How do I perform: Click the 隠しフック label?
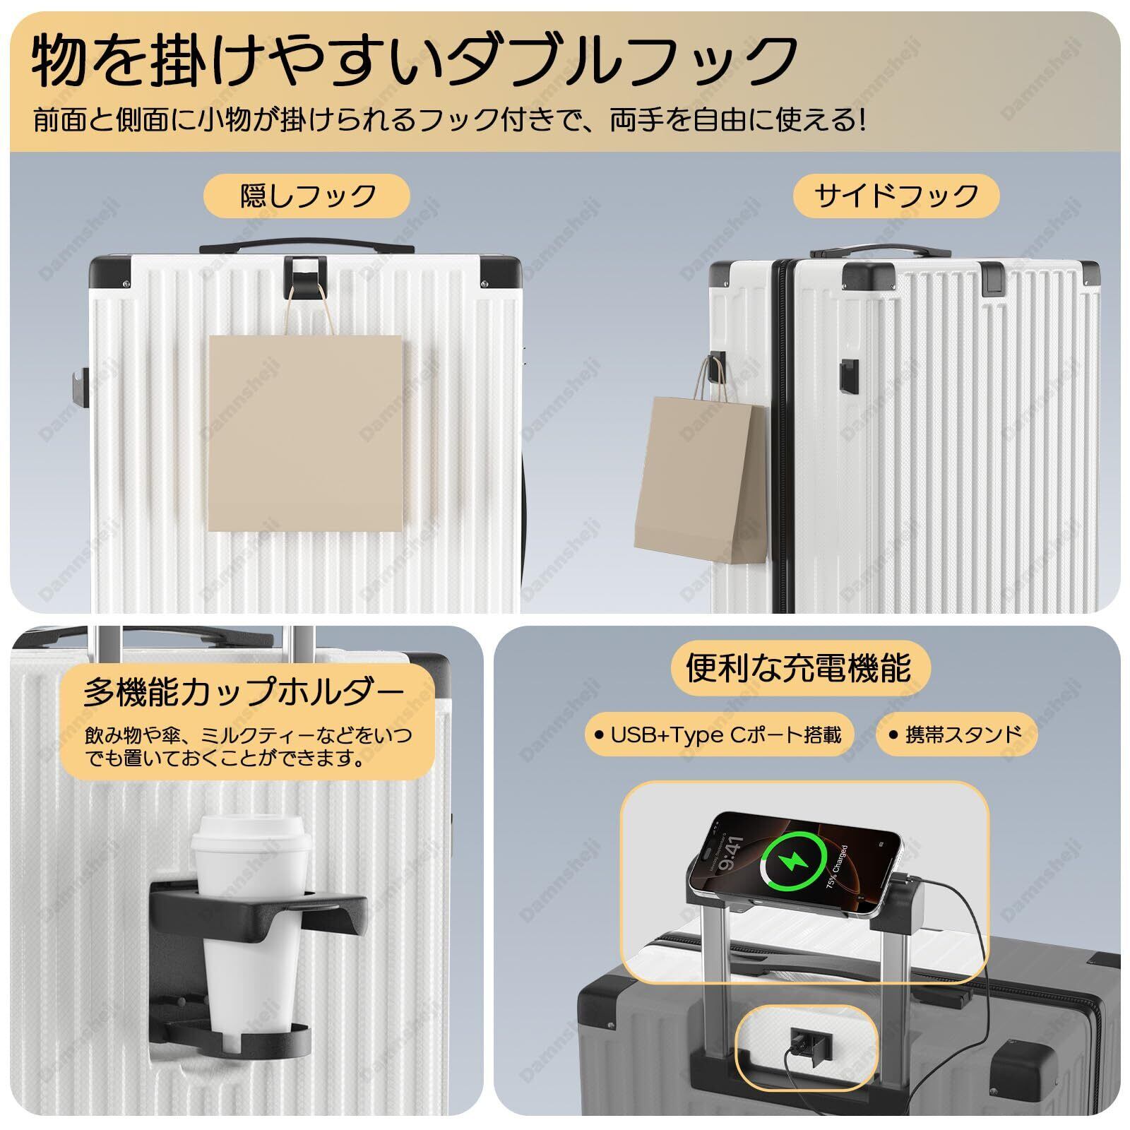click(307, 196)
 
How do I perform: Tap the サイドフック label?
click(896, 196)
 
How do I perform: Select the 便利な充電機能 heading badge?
click(799, 667)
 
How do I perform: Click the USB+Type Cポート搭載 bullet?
click(718, 734)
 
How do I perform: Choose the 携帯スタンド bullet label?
click(956, 734)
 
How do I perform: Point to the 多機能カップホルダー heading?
click(244, 692)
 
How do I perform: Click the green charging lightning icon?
click(795, 861)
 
